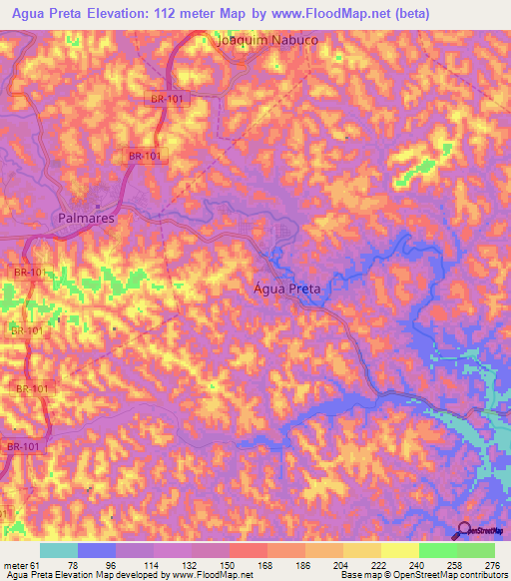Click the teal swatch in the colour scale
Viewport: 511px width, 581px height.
(59, 551)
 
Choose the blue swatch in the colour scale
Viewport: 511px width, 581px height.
(97, 551)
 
